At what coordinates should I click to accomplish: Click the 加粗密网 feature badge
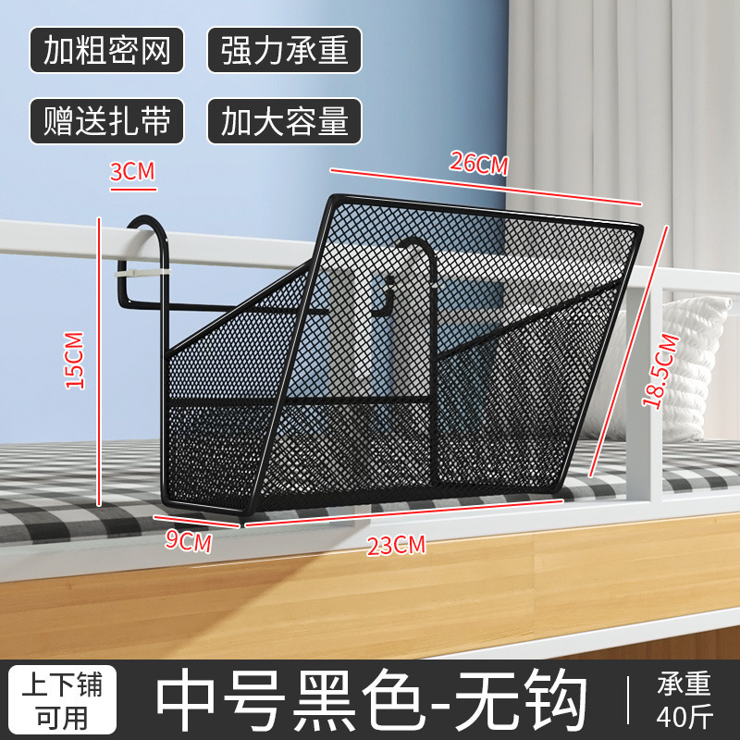pyautogui.click(x=106, y=52)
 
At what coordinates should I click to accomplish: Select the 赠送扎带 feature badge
pyautogui.click(x=106, y=121)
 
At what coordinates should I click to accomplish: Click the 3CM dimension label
pyautogui.click(x=132, y=171)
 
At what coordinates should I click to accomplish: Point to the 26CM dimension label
pyautogui.click(x=479, y=163)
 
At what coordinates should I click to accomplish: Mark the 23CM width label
pyautogui.click(x=396, y=545)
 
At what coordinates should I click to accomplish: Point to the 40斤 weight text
pyautogui.click(x=684, y=716)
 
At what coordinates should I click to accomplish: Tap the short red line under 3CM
pyautogui.click(x=132, y=188)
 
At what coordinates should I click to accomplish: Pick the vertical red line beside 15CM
pyautogui.click(x=100, y=361)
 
